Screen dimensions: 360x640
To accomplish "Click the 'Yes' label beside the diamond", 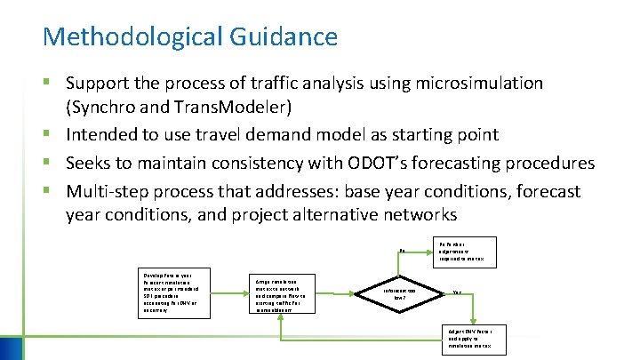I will (457, 292).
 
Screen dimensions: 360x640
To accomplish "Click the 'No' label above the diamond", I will (402, 251).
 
